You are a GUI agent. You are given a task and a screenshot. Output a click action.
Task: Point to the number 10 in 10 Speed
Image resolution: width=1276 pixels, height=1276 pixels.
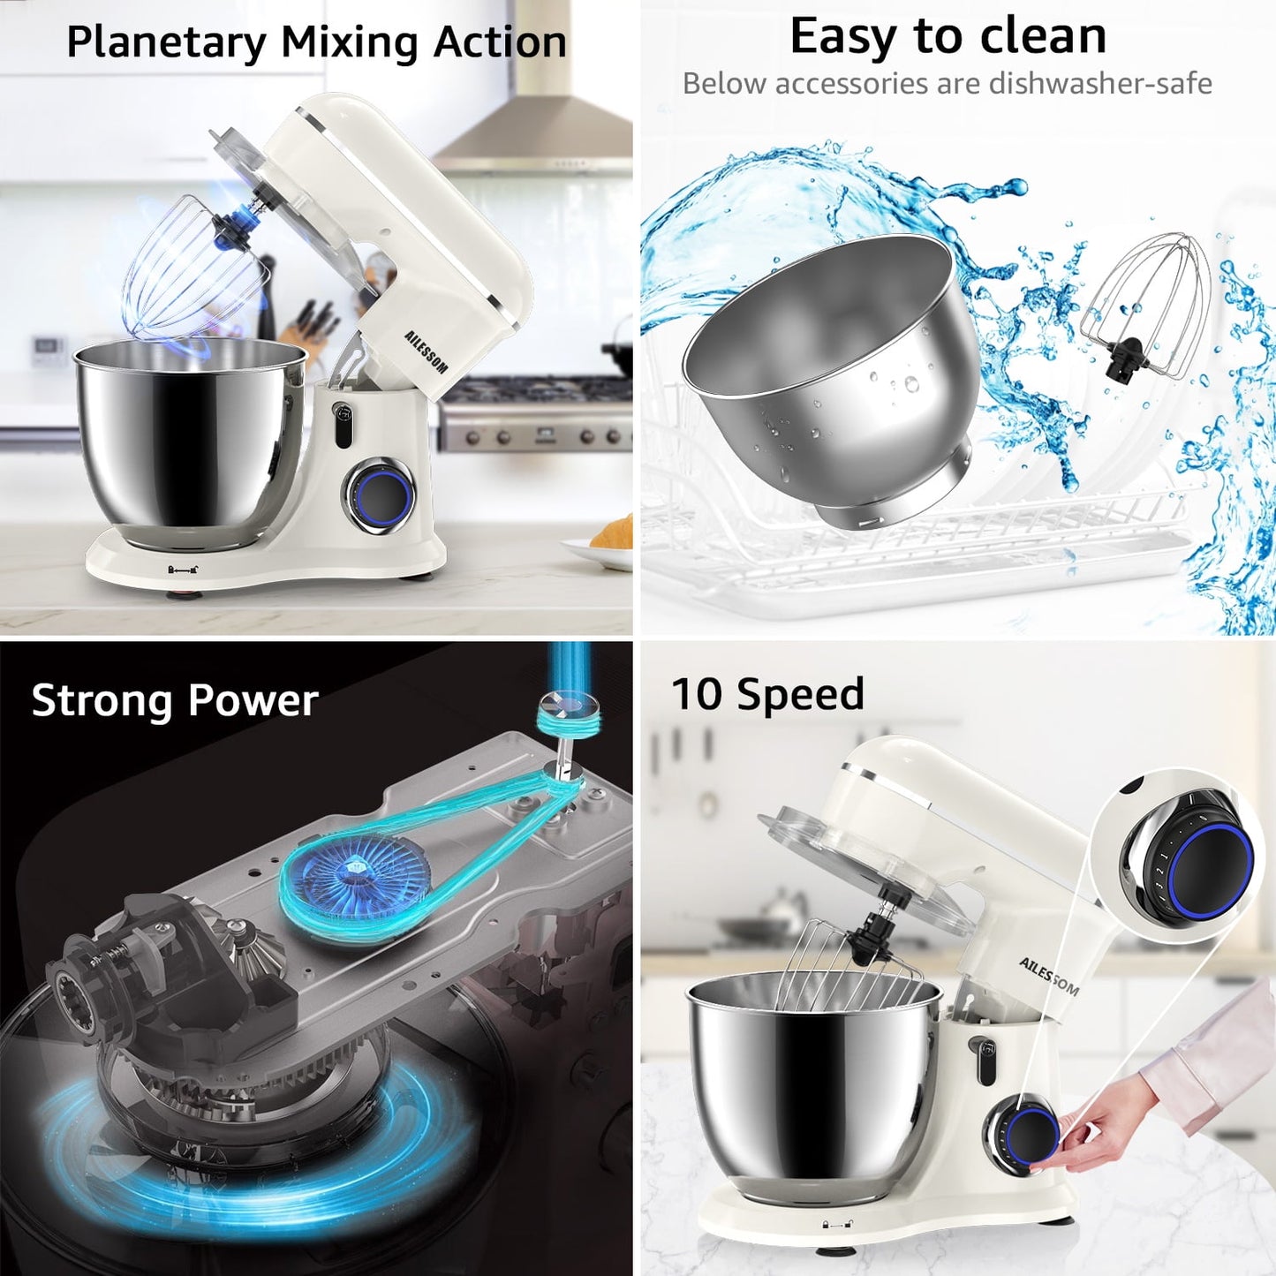point(698,694)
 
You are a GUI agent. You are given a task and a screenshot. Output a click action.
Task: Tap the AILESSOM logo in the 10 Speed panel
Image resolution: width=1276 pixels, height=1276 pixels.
point(1048,976)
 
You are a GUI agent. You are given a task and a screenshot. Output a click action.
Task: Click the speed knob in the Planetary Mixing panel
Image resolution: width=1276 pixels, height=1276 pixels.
point(381,495)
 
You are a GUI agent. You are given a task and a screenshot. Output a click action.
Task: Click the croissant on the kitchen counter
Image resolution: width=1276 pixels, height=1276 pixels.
point(614,532)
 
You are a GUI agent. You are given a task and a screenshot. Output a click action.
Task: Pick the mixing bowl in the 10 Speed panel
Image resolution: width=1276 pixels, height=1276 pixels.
point(812,1086)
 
